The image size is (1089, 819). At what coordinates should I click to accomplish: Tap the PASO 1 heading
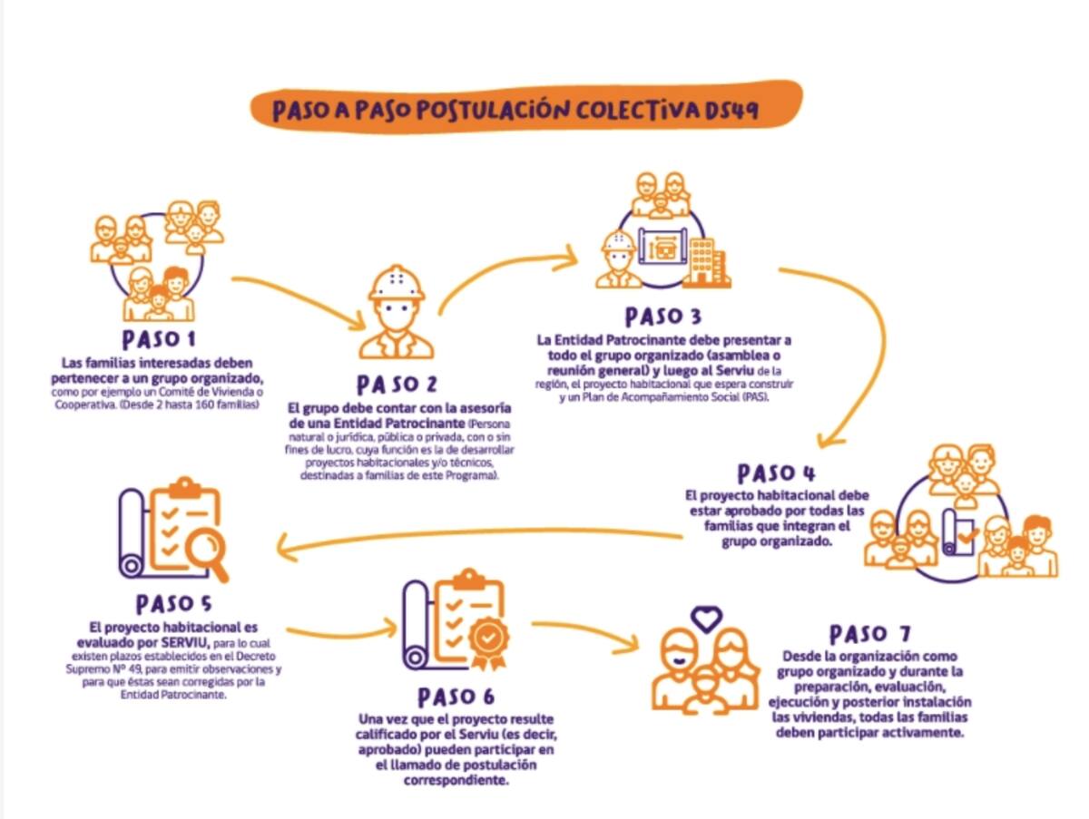pyautogui.click(x=159, y=339)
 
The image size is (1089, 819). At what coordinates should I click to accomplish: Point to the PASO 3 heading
pyautogui.click(x=662, y=317)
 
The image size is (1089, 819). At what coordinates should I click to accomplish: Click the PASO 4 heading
pyautogui.click(x=776, y=473)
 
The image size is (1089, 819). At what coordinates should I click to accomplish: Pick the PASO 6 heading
pyautogui.click(x=456, y=697)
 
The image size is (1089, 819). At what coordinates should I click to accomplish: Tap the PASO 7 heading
pyautogui.click(x=869, y=633)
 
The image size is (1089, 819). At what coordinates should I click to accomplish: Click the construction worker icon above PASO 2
pyautogui.click(x=397, y=313)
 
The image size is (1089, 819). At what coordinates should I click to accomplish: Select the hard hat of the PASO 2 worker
pyautogui.click(x=397, y=284)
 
